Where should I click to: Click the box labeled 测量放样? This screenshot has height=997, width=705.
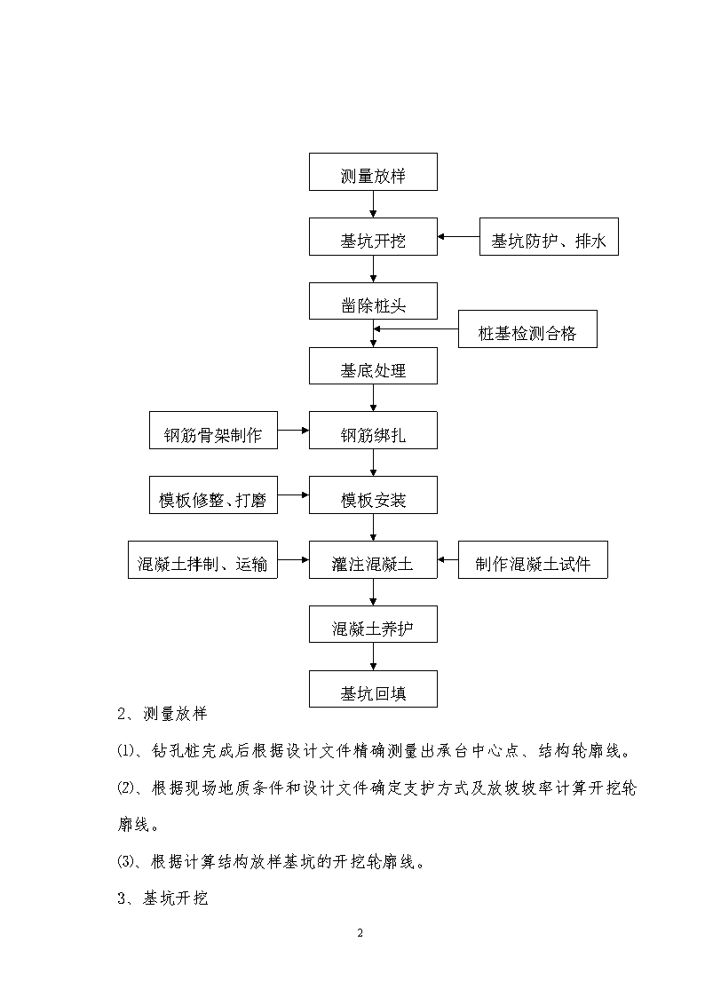[373, 171]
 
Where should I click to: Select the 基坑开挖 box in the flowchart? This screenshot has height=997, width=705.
[373, 236]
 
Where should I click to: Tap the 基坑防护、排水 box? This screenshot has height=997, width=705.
[549, 236]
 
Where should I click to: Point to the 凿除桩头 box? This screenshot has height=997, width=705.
[373, 301]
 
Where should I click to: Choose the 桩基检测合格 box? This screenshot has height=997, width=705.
[527, 328]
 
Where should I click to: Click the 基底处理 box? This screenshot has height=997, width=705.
[373, 366]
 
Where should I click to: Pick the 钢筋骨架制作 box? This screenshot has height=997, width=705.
[214, 431]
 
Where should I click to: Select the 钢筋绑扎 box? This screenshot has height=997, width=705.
[373, 431]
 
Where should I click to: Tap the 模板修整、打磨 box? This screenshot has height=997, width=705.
[214, 495]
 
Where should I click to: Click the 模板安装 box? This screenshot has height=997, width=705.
[373, 495]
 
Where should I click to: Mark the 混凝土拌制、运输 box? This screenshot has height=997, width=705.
[202, 559]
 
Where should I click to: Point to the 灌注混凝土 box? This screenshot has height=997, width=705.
[373, 559]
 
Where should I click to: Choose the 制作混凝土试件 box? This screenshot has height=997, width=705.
[533, 559]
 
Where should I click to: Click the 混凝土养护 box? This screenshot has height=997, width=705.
[373, 624]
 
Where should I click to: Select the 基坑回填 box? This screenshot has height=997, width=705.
[373, 689]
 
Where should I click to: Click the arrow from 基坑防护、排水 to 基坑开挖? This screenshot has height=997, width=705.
[458, 236]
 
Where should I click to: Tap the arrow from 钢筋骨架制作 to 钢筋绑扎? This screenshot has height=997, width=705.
[294, 431]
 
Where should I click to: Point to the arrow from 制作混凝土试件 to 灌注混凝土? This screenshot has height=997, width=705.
[448, 559]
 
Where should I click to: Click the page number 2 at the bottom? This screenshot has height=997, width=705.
[360, 933]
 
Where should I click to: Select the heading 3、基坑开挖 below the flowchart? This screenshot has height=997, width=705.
[162, 898]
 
